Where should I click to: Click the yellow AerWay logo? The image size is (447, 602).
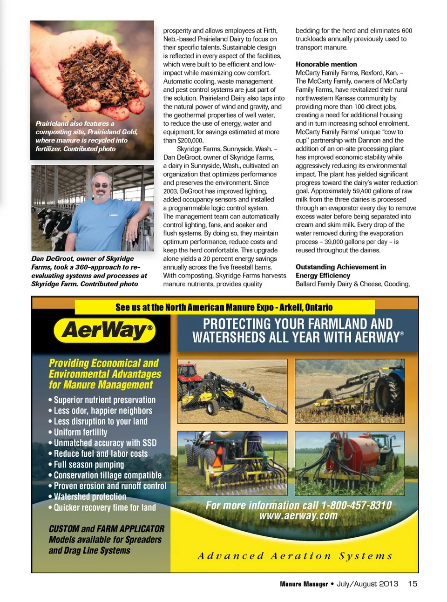pos(105,330)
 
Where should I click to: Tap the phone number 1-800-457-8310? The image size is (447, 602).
pos(356,506)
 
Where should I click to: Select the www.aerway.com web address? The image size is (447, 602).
pos(298,516)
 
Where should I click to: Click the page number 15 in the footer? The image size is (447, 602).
pos(413,584)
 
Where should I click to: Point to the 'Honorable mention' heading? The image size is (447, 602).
pos(326,64)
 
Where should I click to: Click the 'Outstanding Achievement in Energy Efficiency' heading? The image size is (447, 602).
pos(340,271)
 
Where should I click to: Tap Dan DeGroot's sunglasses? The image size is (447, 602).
pos(101,185)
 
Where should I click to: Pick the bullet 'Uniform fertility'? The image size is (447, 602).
pos(80,432)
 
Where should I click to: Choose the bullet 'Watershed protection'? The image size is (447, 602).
pos(90,497)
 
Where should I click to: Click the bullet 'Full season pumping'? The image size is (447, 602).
pos(88,465)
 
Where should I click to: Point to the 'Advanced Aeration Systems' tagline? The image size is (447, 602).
pos(295,556)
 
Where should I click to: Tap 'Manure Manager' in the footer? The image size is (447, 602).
pos(304,584)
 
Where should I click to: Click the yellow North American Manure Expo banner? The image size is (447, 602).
pos(224,307)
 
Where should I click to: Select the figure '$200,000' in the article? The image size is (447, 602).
pos(190,141)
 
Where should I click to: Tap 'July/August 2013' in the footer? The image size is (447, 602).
pos(367,584)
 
